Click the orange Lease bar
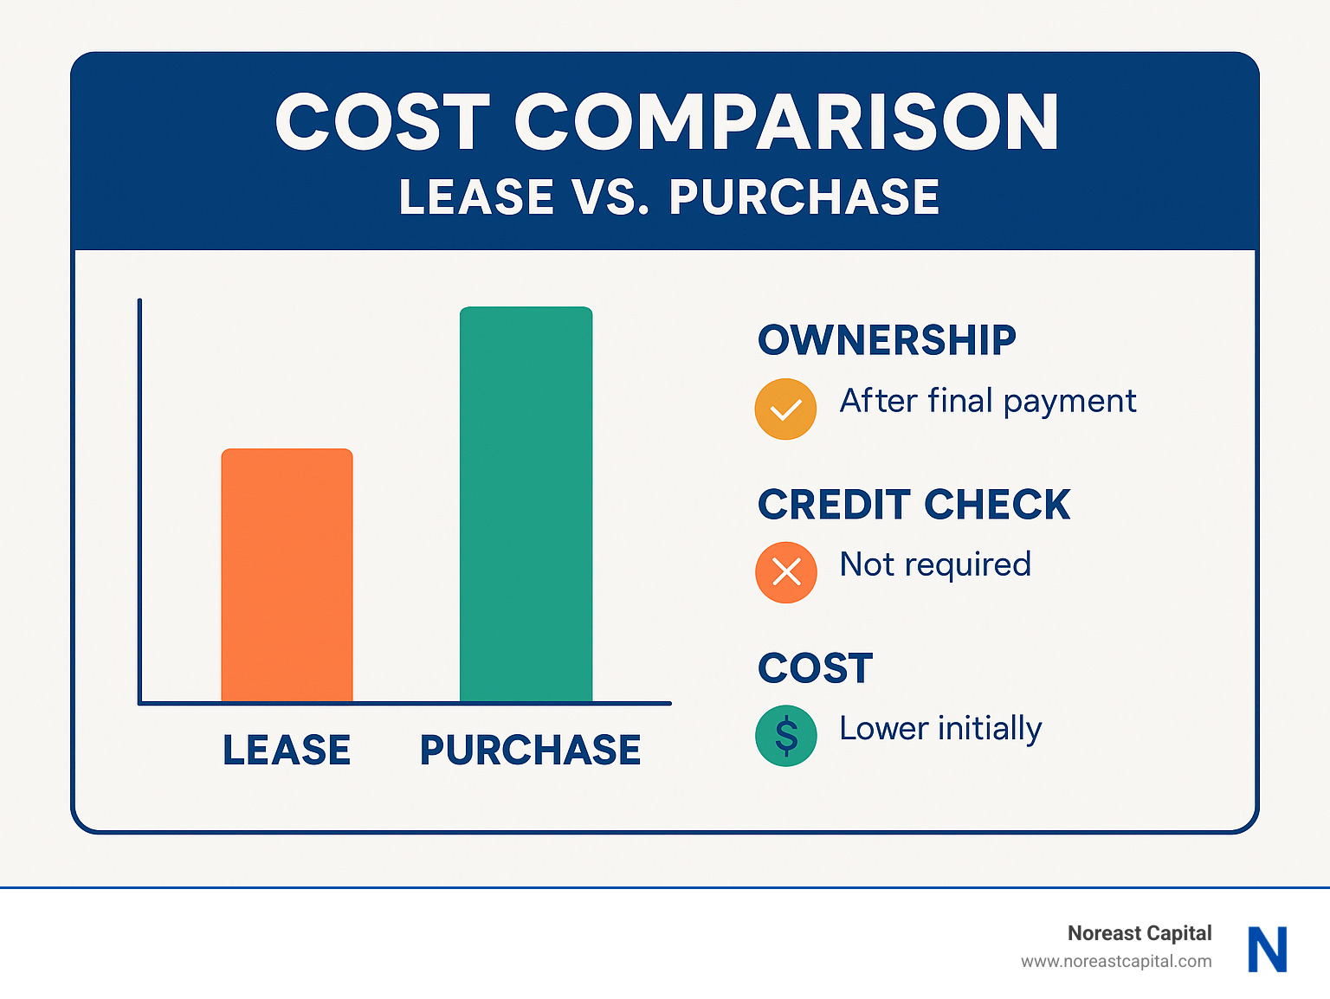(x=287, y=575)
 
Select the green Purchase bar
(x=526, y=504)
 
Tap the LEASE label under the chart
(x=287, y=750)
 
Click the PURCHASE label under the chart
(x=530, y=750)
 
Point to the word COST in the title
(x=383, y=122)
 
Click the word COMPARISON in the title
(x=786, y=122)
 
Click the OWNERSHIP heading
(x=887, y=340)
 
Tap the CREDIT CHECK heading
(x=914, y=505)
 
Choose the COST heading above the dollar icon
(x=815, y=668)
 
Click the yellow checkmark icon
(x=785, y=409)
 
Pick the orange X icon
(x=785, y=572)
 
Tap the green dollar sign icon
(x=785, y=736)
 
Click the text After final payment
(x=987, y=402)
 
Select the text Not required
(x=935, y=564)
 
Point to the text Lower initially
(x=940, y=729)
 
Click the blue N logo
(x=1268, y=949)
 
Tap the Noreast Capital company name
(x=1139, y=933)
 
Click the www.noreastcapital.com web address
(x=1116, y=961)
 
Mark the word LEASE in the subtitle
(x=476, y=197)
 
